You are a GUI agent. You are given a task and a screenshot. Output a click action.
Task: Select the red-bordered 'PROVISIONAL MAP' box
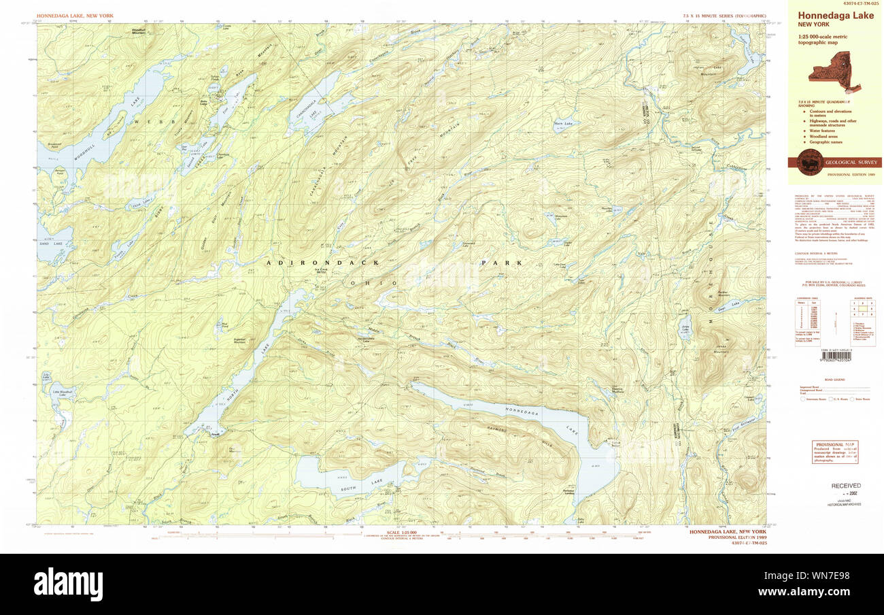(x=834, y=452)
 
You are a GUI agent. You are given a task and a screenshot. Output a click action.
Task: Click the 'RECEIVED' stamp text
(x=845, y=486)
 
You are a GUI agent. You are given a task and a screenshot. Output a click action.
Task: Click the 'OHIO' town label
(x=373, y=282)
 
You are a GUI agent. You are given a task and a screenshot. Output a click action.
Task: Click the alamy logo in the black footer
(x=68, y=584)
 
